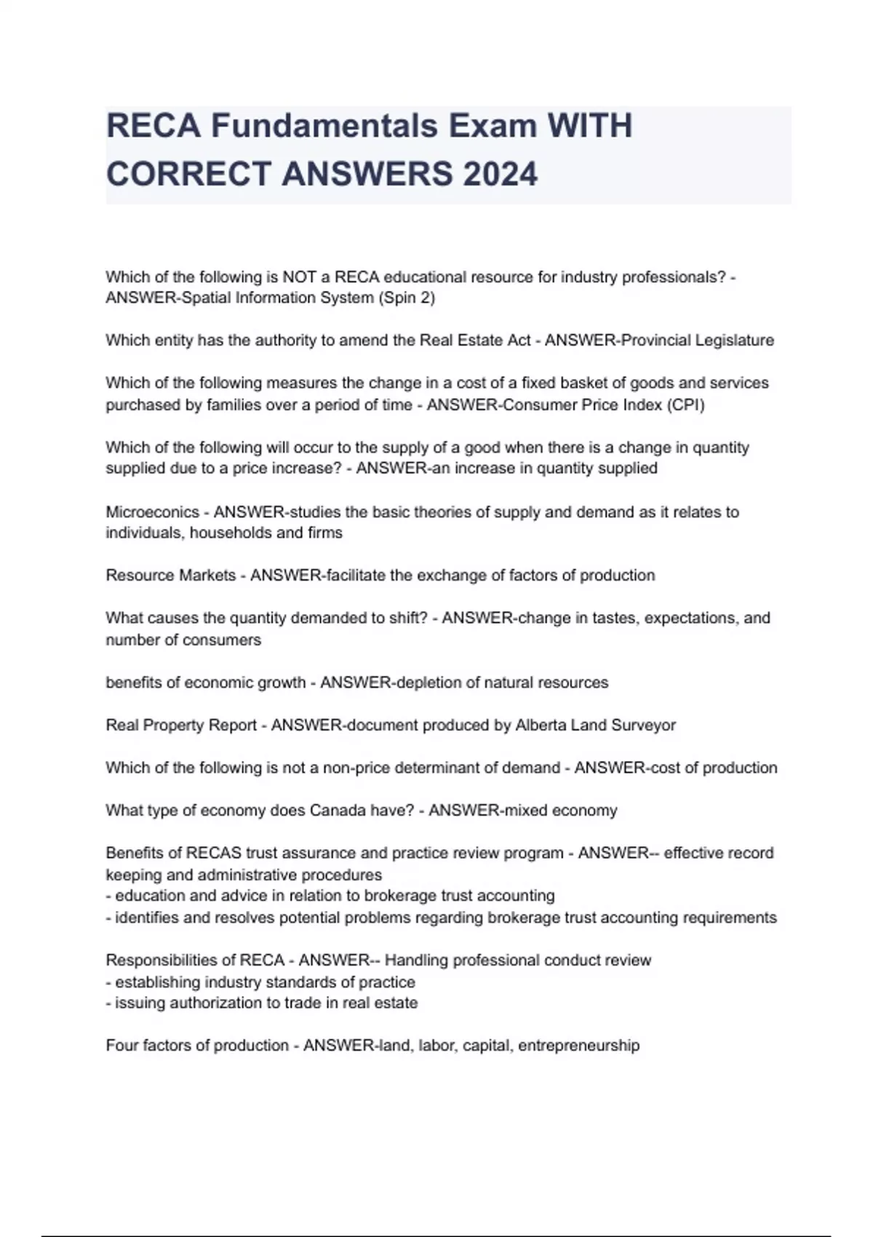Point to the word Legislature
tap(736, 341)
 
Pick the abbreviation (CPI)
tap(685, 405)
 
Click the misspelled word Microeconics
tap(152, 512)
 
